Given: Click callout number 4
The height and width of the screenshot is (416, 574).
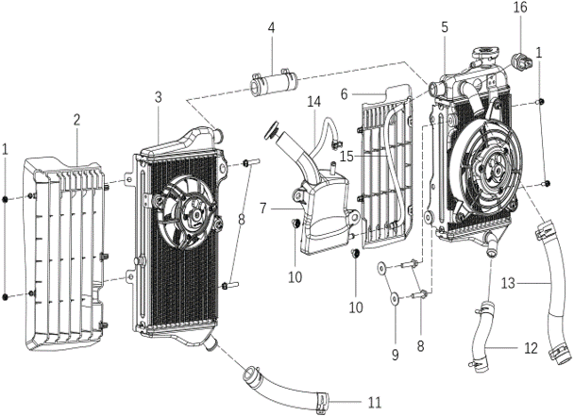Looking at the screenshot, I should (271, 28).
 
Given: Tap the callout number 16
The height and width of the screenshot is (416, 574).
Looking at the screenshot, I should (520, 8).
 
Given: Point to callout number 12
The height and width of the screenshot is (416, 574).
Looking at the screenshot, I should (532, 348).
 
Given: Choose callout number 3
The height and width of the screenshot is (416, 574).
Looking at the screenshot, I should (159, 97).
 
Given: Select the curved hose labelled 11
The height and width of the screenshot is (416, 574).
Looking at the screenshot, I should (283, 386).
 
